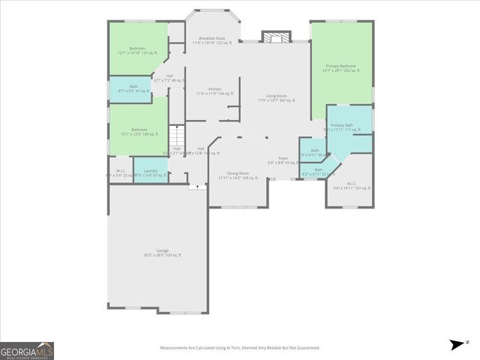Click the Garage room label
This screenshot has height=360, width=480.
click(162, 253)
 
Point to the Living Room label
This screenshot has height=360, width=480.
click(277, 98)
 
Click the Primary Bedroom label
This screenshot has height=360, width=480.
click(342, 68)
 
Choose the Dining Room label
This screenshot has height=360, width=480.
click(238, 175)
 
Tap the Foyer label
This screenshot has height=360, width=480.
click(283, 160)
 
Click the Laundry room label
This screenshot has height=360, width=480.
click(150, 173)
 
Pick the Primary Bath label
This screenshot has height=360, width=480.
click(342, 127)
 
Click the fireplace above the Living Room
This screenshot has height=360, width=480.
click(275, 37)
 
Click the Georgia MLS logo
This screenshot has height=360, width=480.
click(27, 350)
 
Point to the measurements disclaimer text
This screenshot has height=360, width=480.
click(239, 348)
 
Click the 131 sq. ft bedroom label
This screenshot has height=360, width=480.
click(139, 50)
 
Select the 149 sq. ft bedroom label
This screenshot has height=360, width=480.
click(139, 132)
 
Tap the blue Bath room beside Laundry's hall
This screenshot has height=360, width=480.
click(133, 88)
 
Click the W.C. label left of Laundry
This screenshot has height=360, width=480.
click(120, 173)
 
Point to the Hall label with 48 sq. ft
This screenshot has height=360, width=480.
click(169, 78)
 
